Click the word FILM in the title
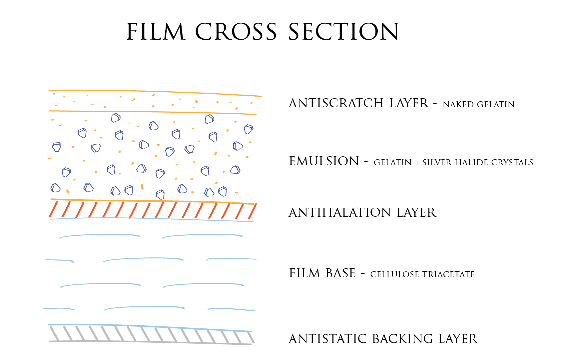click(156, 32)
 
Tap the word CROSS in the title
click(236, 32)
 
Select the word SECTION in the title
click(343, 32)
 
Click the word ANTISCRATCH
click(336, 103)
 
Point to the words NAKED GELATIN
click(479, 105)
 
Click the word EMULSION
click(324, 161)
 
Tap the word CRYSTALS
click(512, 163)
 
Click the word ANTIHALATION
click(340, 213)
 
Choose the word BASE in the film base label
click(340, 273)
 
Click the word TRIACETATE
click(448, 275)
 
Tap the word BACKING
click(403, 339)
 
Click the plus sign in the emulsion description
click(417, 163)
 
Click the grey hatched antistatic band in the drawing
click(151, 334)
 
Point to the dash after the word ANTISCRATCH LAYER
click(435, 105)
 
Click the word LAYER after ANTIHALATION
click(416, 213)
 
